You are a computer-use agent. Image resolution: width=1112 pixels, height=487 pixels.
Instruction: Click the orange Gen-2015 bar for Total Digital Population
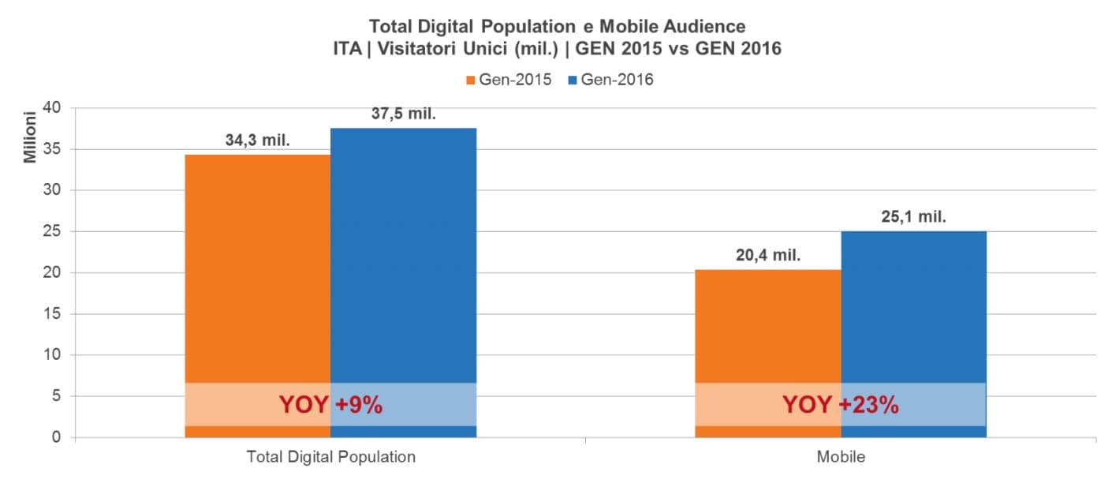pyautogui.click(x=258, y=268)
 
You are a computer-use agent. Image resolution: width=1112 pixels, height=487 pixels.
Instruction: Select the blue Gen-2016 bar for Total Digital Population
pyautogui.click(x=403, y=253)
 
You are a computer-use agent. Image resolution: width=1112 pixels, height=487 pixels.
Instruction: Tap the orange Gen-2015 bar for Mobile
pyautogui.click(x=767, y=324)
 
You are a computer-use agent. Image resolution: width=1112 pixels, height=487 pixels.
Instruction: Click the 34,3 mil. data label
pyautogui.click(x=258, y=141)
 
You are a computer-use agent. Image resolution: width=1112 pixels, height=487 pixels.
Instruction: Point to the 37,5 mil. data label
pyautogui.click(x=404, y=114)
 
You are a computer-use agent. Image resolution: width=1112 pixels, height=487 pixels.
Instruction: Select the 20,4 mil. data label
pyautogui.click(x=767, y=256)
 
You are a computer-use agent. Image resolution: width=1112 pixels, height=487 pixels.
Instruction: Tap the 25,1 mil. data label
pyautogui.click(x=913, y=217)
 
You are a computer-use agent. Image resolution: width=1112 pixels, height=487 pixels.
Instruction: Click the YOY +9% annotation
pyautogui.click(x=330, y=405)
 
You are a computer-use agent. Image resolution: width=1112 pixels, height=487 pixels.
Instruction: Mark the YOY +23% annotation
pyautogui.click(x=840, y=405)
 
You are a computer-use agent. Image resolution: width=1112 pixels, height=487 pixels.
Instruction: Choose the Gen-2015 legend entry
pyautogui.click(x=509, y=80)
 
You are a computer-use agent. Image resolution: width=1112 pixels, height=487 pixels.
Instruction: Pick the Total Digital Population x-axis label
pyautogui.click(x=330, y=457)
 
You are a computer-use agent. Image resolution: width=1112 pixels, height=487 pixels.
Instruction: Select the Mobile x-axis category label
pyautogui.click(x=841, y=457)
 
